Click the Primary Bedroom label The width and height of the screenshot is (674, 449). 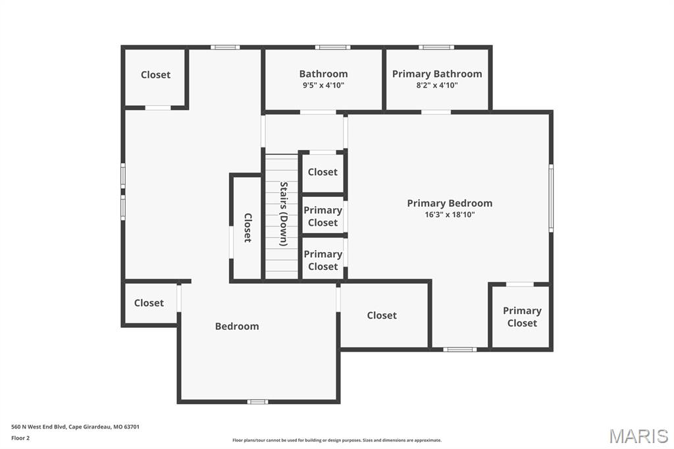pos(450,203)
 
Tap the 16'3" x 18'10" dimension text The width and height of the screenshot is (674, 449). pos(450,215)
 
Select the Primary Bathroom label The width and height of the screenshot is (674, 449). pos(437,74)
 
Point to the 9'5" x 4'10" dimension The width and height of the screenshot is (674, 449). pos(323,85)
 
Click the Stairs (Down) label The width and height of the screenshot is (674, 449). pos(284,214)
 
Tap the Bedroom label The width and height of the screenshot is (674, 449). pos(237,326)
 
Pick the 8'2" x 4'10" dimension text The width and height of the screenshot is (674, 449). pos(437,85)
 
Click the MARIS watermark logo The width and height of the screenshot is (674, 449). pos(638,436)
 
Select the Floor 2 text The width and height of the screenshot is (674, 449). pos(20,438)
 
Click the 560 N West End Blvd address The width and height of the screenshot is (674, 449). pos(75,427)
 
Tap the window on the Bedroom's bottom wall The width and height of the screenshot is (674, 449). pos(257,402)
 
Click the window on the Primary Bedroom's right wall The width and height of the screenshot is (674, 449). pos(551,198)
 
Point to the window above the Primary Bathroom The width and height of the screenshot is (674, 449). pos(436,47)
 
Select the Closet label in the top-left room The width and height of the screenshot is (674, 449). pos(155,74)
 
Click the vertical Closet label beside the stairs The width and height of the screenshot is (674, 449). pos(248,228)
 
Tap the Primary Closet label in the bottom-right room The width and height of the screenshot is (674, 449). pos(522,317)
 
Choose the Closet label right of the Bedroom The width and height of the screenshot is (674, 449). pos(382,315)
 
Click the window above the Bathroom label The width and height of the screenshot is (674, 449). pos(332,47)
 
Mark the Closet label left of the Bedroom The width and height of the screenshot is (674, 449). pos(149,303)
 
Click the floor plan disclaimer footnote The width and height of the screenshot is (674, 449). pos(337,440)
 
